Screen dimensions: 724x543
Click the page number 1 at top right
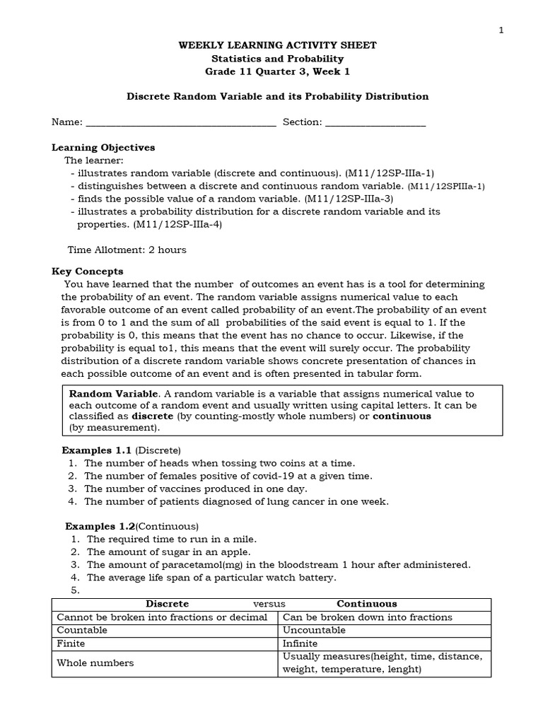pos(501,29)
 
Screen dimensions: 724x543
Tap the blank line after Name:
pos(180,122)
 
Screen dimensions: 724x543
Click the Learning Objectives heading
pos(103,148)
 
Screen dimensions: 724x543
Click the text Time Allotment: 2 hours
pos(127,250)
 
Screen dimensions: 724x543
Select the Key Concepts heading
pos(88,271)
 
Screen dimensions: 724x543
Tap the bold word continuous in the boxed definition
pos(402,416)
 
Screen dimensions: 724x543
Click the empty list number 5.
pos(74,590)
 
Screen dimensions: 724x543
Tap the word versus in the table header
pos(269,604)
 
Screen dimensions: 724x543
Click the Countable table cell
pos(82,630)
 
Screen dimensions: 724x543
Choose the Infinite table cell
pos(300,643)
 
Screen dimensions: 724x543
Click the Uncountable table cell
pos(314,630)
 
